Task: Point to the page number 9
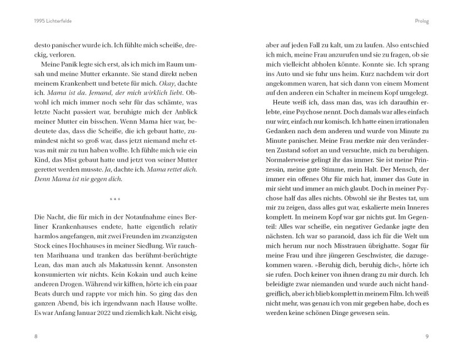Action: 427,336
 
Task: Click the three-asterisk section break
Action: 115,199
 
